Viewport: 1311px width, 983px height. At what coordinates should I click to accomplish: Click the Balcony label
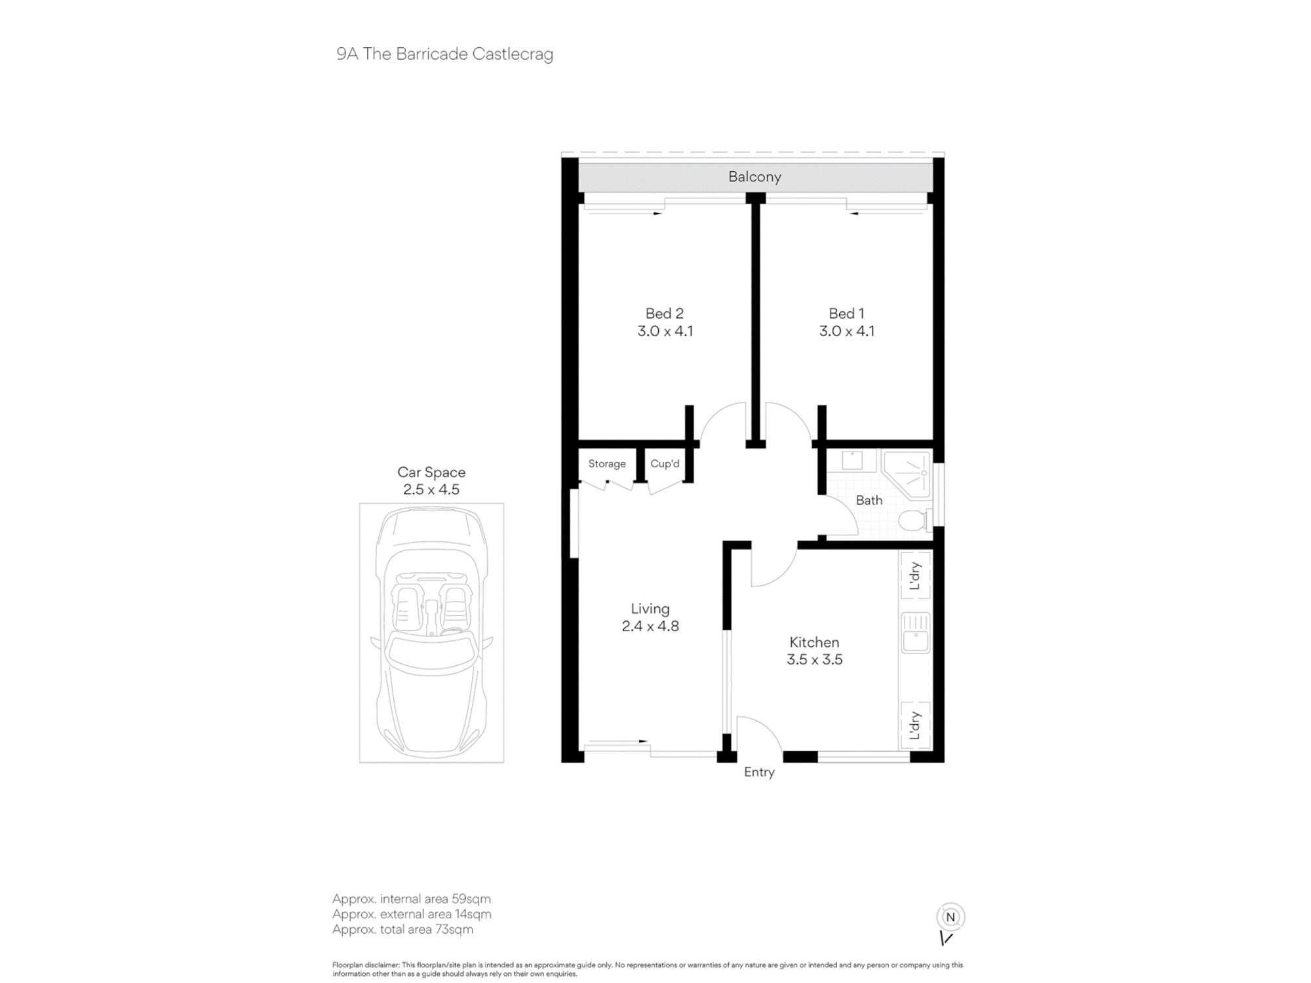[754, 177]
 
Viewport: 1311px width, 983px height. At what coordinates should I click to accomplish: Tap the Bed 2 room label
[665, 314]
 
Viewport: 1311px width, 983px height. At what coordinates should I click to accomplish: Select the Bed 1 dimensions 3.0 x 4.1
[847, 332]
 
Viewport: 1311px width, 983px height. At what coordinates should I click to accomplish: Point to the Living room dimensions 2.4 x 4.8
[650, 626]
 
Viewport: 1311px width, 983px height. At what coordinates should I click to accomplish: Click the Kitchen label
[814, 643]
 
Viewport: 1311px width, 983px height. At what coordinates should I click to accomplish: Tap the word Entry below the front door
[759, 773]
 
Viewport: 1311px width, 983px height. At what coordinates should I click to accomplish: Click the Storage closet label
[607, 464]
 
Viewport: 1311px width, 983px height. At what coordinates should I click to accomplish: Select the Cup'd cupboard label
[665, 464]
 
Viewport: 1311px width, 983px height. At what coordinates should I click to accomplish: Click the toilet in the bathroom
[914, 521]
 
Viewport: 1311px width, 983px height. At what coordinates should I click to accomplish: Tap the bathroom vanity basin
[852, 461]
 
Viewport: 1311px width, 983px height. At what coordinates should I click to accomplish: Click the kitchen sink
[916, 632]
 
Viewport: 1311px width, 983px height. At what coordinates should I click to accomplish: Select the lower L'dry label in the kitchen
[916, 725]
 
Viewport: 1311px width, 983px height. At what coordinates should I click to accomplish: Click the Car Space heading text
[431, 472]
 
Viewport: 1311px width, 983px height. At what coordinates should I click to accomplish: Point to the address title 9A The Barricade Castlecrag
[445, 54]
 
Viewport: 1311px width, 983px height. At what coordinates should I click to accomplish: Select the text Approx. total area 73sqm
[402, 930]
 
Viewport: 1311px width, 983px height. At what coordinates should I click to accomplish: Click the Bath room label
[869, 501]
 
